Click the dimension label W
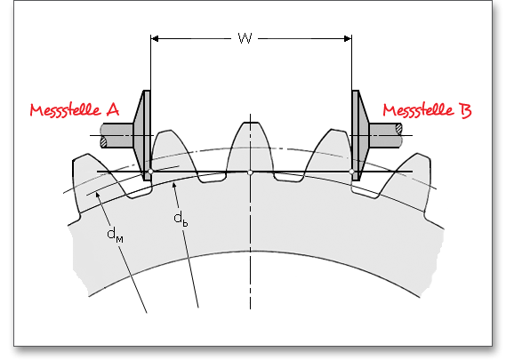pyautogui.click(x=245, y=38)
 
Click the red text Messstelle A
pyautogui.click(x=75, y=110)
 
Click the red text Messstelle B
pyautogui.click(x=427, y=110)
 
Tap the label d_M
pyautogui.click(x=115, y=234)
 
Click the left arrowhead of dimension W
pyautogui.click(x=155, y=39)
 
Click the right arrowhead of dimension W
pyautogui.click(x=348, y=39)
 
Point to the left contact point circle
pyautogui.click(x=150, y=172)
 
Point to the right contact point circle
pyautogui.click(x=352, y=172)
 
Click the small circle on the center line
pyautogui.click(x=250, y=172)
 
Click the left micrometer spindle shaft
pyautogui.click(x=116, y=135)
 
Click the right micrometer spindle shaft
pyautogui.click(x=386, y=135)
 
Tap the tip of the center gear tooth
pyautogui.click(x=251, y=123)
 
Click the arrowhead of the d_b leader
pyautogui.click(x=174, y=185)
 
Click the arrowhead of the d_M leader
pyautogui.click(x=98, y=195)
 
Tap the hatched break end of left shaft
pyautogui.click(x=104, y=141)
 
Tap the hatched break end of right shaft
pyautogui.click(x=399, y=128)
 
